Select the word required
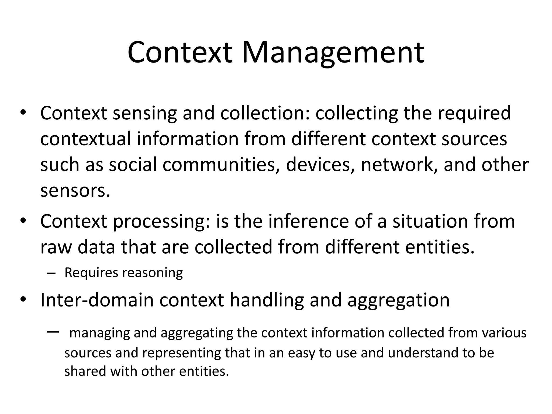coord(474,113)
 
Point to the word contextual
coord(85,139)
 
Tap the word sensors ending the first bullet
coord(75,191)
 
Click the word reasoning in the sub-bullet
coord(153,273)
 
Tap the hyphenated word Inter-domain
coord(97,300)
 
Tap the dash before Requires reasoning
coord(50,273)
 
